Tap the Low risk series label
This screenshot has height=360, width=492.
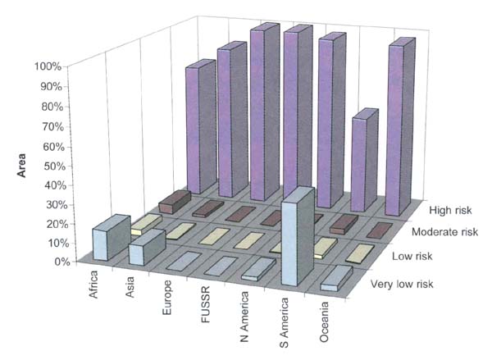pyautogui.click(x=411, y=258)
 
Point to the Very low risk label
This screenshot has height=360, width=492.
pyautogui.click(x=398, y=285)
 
